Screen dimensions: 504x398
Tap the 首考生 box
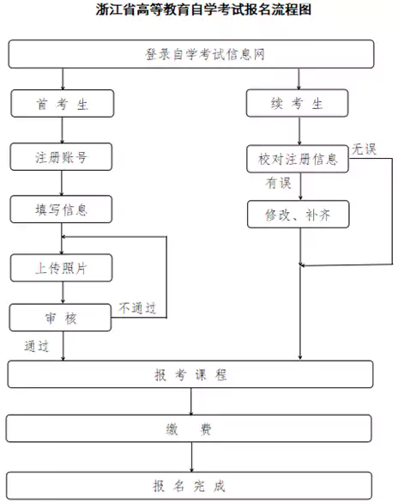pyautogui.click(x=62, y=104)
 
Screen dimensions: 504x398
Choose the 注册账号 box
pyautogui.click(x=62, y=157)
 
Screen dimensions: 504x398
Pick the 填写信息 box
pyautogui.click(x=62, y=209)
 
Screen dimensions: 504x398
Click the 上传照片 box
pyautogui.click(x=62, y=267)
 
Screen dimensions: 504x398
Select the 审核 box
pyautogui.click(x=62, y=317)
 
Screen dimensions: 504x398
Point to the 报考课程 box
pyautogui.click(x=191, y=375)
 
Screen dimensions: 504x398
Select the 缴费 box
pyautogui.click(x=191, y=428)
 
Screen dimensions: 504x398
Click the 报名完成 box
pyautogui.click(x=191, y=485)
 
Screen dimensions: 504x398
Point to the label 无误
pyautogui.click(x=364, y=149)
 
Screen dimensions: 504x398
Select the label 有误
pyautogui.click(x=278, y=182)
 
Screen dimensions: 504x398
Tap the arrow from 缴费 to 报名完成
pyautogui.click(x=191, y=457)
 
